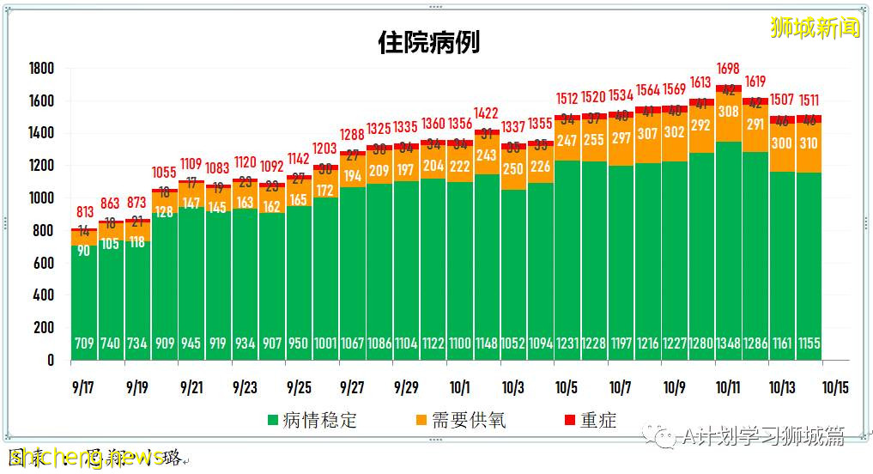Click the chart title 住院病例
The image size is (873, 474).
(x=428, y=42)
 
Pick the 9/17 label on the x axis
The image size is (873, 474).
(x=83, y=387)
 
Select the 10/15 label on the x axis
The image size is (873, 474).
(x=835, y=387)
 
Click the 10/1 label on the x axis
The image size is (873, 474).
(x=460, y=387)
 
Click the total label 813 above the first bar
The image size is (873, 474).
(x=84, y=212)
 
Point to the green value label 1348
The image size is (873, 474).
(x=729, y=343)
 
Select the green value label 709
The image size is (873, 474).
(x=84, y=343)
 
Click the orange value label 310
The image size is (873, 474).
(x=809, y=144)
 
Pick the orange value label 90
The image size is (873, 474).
(x=84, y=251)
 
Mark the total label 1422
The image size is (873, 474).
(x=487, y=112)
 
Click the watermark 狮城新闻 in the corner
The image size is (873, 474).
(x=815, y=27)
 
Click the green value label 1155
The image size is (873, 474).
(x=809, y=343)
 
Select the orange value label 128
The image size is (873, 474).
(x=165, y=212)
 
